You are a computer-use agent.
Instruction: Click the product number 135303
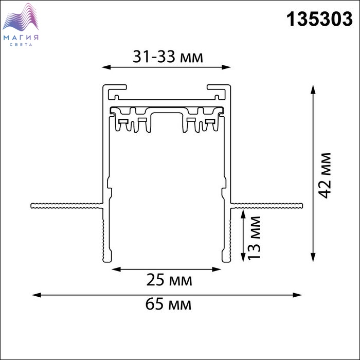click(x=319, y=20)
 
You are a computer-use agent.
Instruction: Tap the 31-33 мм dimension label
click(x=168, y=57)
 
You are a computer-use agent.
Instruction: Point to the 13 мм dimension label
click(x=255, y=238)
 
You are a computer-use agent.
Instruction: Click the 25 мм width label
click(x=169, y=280)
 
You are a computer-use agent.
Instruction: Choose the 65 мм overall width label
click(x=168, y=304)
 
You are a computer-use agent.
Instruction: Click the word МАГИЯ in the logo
click(x=21, y=38)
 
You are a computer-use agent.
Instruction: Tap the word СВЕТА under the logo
click(x=21, y=45)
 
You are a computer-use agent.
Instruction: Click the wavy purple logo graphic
click(x=21, y=17)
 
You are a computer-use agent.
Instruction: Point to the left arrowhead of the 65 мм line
click(x=37, y=295)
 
